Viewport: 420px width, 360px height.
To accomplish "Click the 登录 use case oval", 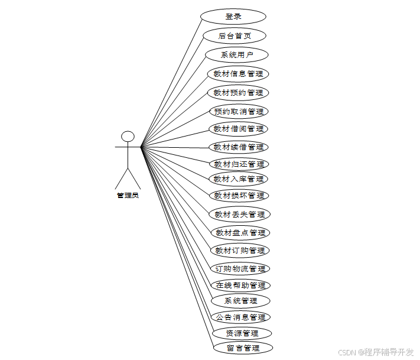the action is (x=233, y=17).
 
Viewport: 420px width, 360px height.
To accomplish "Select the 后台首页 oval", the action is (x=235, y=35).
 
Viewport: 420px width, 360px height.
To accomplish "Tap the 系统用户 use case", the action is (x=237, y=55).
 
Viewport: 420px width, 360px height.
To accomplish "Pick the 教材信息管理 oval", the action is (x=238, y=74).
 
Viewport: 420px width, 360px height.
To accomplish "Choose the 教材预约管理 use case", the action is (x=238, y=93).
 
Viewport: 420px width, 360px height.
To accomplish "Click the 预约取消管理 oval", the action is (x=239, y=111).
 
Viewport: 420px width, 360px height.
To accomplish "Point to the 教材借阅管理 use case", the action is (x=239, y=129).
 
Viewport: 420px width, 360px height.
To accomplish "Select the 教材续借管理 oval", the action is (x=239, y=147).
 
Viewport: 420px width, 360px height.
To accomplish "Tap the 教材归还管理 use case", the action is (x=239, y=164).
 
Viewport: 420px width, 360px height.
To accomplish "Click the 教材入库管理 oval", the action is (x=239, y=179).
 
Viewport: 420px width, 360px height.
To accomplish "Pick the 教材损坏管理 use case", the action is (x=239, y=196).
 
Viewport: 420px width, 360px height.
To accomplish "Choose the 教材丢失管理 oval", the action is (x=240, y=214).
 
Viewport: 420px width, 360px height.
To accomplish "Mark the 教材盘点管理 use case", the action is (x=240, y=233).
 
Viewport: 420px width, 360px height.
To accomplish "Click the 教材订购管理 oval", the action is (x=240, y=251).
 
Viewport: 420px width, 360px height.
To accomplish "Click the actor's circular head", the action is (x=128, y=136).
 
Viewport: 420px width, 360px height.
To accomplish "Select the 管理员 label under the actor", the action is (x=128, y=195).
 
